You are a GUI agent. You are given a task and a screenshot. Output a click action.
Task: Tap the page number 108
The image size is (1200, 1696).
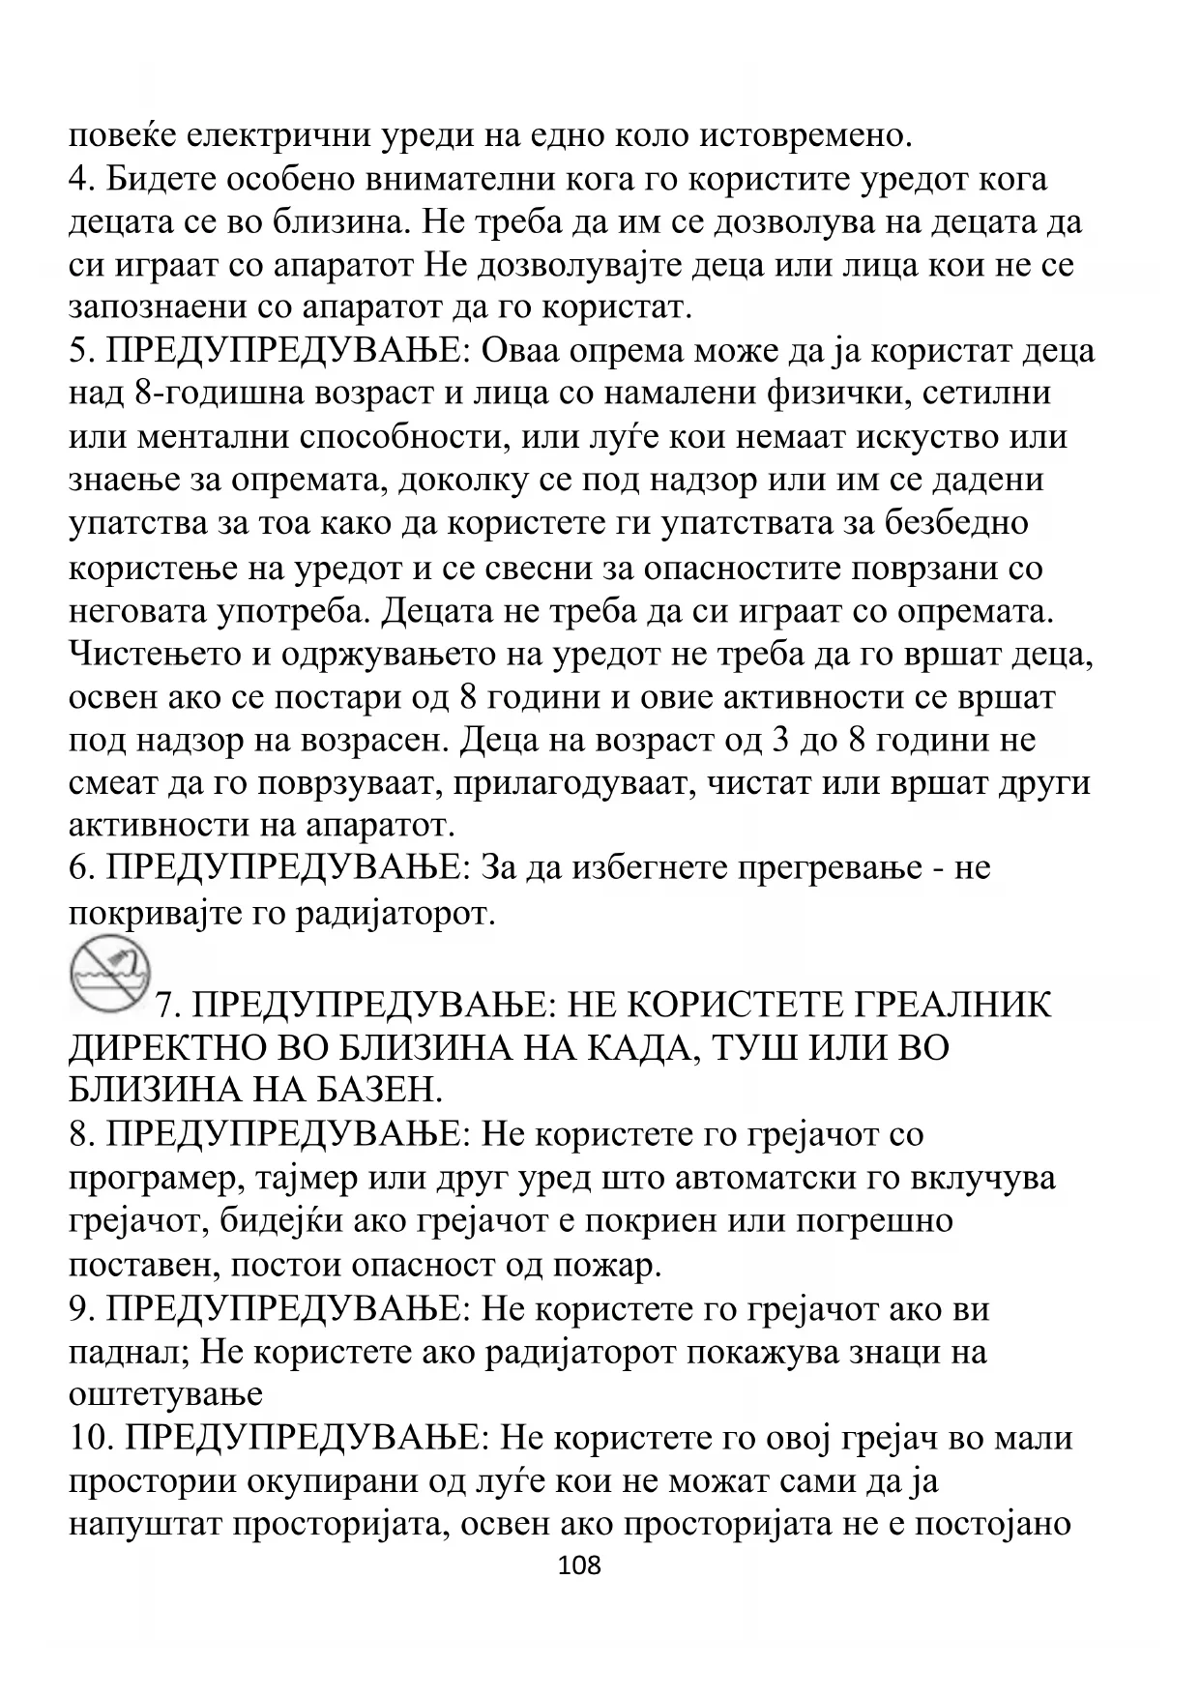coord(580,1564)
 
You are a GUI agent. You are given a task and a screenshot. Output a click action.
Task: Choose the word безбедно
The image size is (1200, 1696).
coord(956,522)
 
